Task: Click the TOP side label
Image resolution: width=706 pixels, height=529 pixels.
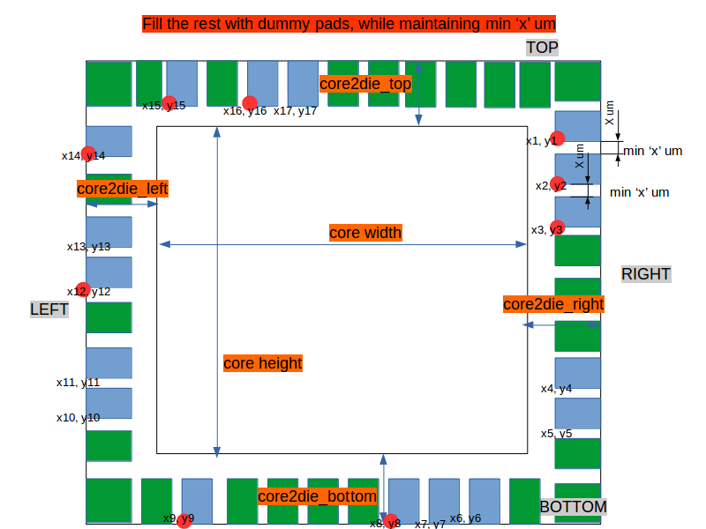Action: click(x=542, y=48)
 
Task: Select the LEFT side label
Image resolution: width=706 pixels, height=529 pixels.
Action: click(x=49, y=309)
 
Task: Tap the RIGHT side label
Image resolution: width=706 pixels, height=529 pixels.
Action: click(x=646, y=274)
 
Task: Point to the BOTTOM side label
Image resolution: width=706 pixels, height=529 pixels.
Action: click(x=573, y=507)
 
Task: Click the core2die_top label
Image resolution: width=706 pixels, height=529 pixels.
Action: click(x=365, y=84)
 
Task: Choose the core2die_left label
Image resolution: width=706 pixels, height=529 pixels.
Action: click(x=122, y=188)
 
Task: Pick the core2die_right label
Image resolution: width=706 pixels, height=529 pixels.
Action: click(x=553, y=304)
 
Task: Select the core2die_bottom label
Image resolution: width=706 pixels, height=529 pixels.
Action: click(x=318, y=496)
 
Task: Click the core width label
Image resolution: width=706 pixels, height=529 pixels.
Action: click(x=365, y=233)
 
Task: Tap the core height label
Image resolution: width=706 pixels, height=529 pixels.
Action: click(x=262, y=363)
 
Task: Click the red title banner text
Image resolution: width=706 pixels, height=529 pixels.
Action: click(x=349, y=24)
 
